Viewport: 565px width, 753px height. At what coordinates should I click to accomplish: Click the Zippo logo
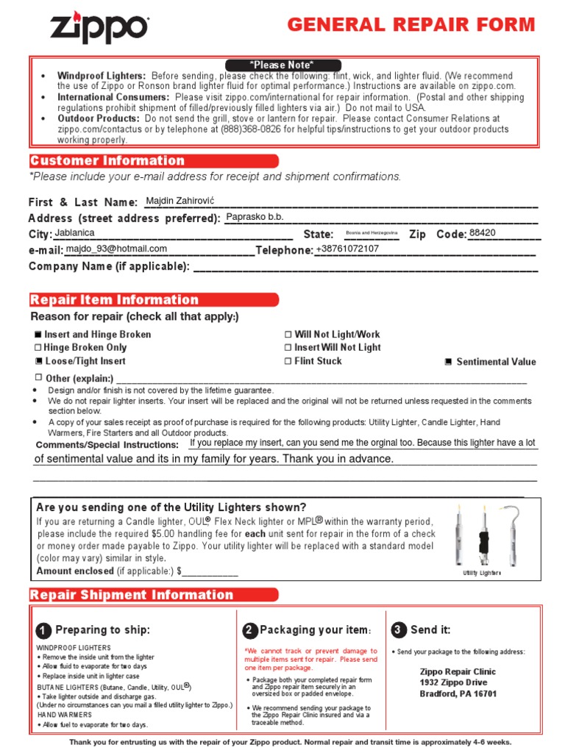click(x=99, y=29)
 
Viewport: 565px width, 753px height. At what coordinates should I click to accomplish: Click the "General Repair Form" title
click(x=411, y=25)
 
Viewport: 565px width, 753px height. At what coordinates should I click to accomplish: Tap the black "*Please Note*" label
click(x=282, y=65)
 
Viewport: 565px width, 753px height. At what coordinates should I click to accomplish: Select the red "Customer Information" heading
click(x=107, y=161)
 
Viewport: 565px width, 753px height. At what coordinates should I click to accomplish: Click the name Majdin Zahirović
click(x=176, y=201)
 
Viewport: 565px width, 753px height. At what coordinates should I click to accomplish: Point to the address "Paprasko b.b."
click(x=255, y=217)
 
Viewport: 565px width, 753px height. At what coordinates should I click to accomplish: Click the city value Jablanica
click(x=74, y=233)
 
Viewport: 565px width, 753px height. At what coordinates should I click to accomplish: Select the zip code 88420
click(x=483, y=233)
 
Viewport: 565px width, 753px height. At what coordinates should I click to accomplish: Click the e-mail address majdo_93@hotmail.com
click(x=116, y=249)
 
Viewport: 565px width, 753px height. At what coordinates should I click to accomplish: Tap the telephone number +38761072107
click(x=347, y=249)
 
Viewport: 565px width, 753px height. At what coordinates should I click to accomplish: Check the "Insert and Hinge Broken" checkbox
click(x=39, y=335)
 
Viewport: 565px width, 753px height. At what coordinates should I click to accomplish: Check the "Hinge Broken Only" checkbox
click(x=38, y=348)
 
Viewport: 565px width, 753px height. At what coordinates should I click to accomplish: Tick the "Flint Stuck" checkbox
click(x=288, y=361)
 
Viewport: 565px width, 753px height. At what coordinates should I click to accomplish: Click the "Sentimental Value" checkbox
click(x=448, y=362)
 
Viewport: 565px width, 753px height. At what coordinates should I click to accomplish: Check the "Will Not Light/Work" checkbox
click(x=288, y=335)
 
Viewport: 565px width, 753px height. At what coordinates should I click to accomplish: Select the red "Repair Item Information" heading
click(x=114, y=300)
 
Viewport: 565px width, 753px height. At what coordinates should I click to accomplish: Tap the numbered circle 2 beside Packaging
click(x=249, y=631)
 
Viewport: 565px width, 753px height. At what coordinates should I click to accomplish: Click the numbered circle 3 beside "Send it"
click(x=398, y=630)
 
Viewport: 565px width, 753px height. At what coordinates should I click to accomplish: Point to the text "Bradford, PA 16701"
click(x=458, y=693)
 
